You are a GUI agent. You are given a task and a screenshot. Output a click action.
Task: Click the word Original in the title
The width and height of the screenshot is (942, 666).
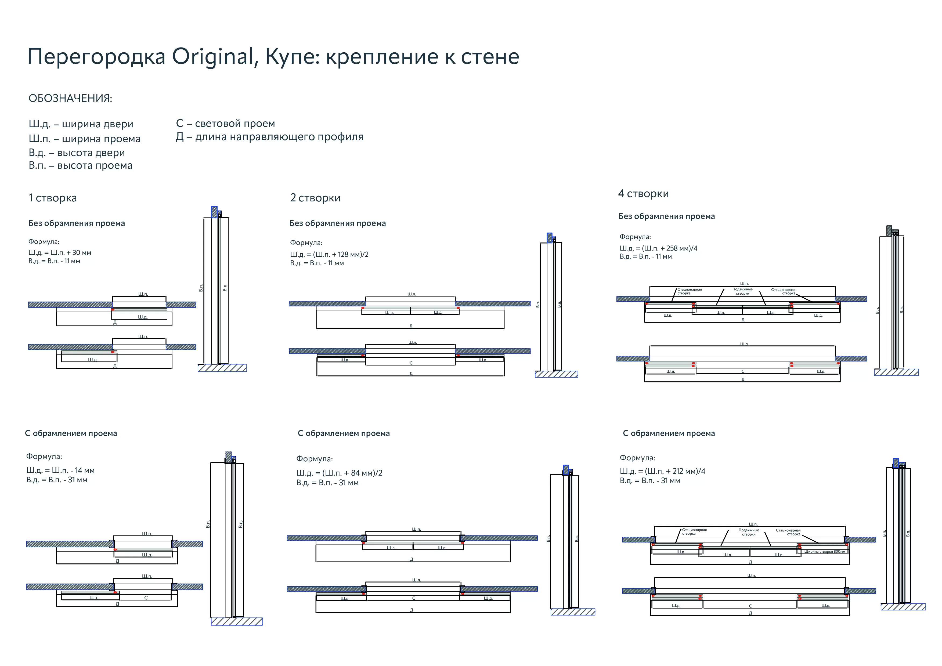(212, 57)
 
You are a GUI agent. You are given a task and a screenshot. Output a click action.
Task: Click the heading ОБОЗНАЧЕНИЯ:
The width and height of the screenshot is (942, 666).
(70, 99)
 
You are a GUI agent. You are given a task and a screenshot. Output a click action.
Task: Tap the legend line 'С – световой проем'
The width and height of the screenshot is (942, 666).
(225, 124)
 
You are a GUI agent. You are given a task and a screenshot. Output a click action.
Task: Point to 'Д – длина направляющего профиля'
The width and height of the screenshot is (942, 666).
(270, 137)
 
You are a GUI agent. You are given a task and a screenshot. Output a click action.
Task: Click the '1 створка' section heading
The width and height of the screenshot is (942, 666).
(53, 198)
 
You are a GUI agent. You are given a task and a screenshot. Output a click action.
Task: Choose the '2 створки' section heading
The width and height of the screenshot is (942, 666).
(315, 198)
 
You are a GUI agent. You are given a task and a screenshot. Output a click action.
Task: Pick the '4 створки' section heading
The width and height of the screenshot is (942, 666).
(643, 194)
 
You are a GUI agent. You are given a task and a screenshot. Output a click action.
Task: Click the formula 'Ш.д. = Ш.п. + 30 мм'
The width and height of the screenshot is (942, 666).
(60, 253)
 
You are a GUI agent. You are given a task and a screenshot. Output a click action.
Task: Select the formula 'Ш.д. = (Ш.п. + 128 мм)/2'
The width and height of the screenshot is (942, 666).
(329, 254)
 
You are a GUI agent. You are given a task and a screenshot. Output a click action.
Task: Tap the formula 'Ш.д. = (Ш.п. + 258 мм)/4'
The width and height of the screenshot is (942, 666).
(658, 248)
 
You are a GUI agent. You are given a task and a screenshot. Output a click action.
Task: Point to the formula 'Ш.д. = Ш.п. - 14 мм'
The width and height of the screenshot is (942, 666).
(60, 470)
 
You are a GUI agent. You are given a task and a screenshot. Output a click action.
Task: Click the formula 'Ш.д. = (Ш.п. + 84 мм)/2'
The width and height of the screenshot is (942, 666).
(339, 473)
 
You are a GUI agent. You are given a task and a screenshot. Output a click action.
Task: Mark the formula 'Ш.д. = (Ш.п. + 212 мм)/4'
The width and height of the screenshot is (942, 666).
(662, 471)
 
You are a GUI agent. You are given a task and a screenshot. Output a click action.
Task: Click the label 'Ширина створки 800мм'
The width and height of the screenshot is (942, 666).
(824, 552)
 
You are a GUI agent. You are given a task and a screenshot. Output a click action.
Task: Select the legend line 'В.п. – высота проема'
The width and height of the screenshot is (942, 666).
(80, 166)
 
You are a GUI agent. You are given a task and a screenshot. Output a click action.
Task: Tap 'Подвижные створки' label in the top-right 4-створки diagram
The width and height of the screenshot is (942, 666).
(742, 291)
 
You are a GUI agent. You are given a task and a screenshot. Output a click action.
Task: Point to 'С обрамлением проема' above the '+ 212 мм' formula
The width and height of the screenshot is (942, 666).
(669, 433)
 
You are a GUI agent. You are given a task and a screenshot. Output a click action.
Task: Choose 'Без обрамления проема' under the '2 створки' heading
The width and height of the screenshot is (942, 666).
(338, 223)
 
